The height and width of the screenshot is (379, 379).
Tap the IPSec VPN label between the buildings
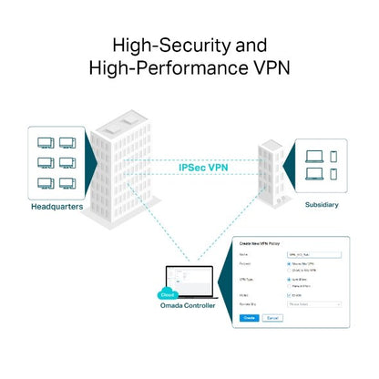pos(203,168)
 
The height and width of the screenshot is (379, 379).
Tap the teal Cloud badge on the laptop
pos(167,295)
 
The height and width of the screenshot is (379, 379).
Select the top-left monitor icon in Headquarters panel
pos(43,143)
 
